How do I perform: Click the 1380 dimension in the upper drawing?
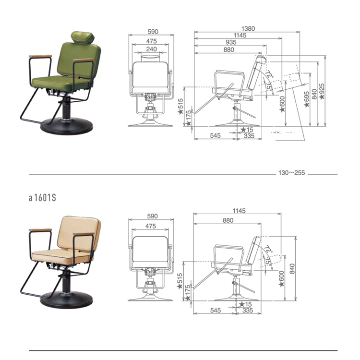click(248, 28)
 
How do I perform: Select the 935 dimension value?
click(231, 42)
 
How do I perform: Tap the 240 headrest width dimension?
click(152, 49)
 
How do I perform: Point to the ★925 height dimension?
click(322, 91)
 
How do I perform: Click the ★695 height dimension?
click(307, 99)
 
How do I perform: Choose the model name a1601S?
click(42, 198)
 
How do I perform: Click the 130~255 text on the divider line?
click(291, 173)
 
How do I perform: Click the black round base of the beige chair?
click(66, 300)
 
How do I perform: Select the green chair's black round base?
click(66, 126)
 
